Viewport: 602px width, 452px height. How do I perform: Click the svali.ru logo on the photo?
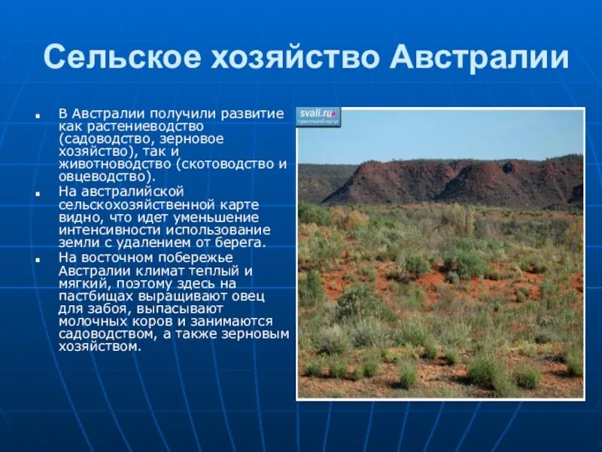pyautogui.click(x=318, y=115)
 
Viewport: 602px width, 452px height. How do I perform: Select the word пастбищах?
pyautogui.click(x=92, y=295)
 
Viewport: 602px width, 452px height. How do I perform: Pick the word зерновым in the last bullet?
pyautogui.click(x=260, y=334)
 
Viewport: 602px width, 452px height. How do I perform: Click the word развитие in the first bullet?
pyautogui.click(x=256, y=113)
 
